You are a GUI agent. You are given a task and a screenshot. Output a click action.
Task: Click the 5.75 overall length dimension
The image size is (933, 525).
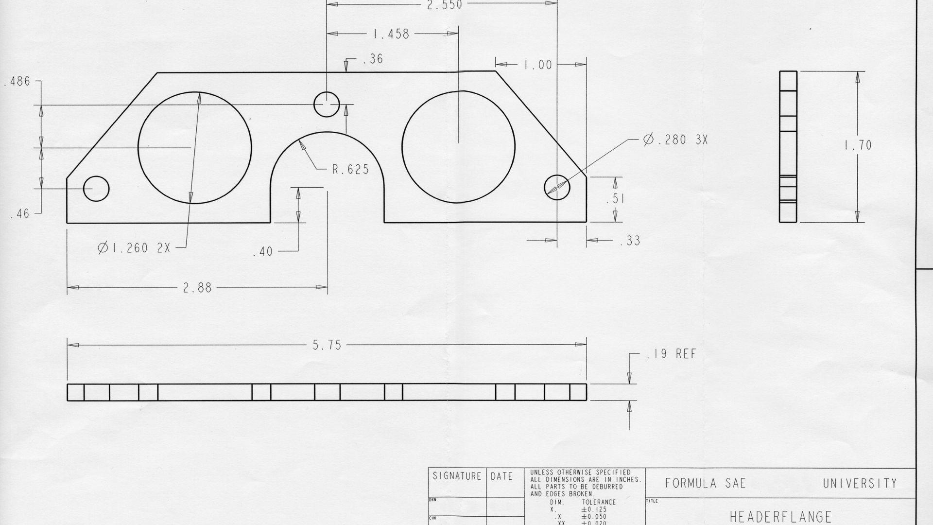tap(327, 346)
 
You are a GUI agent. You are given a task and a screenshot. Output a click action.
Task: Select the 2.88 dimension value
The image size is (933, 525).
tap(197, 288)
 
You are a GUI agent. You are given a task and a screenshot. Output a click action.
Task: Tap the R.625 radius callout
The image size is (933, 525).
tap(350, 170)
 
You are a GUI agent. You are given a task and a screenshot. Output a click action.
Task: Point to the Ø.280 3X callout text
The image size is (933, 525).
tap(675, 140)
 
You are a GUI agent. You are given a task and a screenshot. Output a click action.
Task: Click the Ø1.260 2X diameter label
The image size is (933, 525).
tap(134, 248)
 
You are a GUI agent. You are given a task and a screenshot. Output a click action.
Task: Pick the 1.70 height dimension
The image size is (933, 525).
tap(858, 145)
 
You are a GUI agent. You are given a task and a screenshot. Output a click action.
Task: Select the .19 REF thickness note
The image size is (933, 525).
tap(672, 354)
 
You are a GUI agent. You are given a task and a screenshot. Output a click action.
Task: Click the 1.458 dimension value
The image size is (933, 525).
tap(391, 34)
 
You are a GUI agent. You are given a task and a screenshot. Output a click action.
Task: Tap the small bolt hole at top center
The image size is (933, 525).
tap(327, 104)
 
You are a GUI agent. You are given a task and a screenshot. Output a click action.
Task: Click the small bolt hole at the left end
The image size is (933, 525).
tap(96, 189)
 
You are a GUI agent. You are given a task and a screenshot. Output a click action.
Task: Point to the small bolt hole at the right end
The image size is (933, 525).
tap(557, 186)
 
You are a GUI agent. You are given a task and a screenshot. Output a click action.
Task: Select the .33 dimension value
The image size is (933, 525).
tap(630, 241)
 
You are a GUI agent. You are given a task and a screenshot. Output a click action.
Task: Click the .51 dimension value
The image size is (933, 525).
tap(615, 199)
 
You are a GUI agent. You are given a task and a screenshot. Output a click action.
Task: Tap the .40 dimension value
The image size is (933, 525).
tap(263, 252)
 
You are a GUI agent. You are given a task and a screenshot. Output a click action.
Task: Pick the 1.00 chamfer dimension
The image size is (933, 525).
tap(538, 65)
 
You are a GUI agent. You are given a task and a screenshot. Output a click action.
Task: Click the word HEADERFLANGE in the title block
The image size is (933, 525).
tap(780, 516)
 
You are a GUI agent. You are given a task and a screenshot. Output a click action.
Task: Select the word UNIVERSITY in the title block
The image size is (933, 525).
tap(860, 483)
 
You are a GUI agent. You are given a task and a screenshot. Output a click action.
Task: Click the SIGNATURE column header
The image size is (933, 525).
tap(457, 476)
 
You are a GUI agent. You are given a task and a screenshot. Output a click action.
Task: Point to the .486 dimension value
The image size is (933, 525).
tap(17, 82)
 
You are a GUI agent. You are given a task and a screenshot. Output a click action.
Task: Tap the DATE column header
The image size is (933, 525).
tap(501, 476)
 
